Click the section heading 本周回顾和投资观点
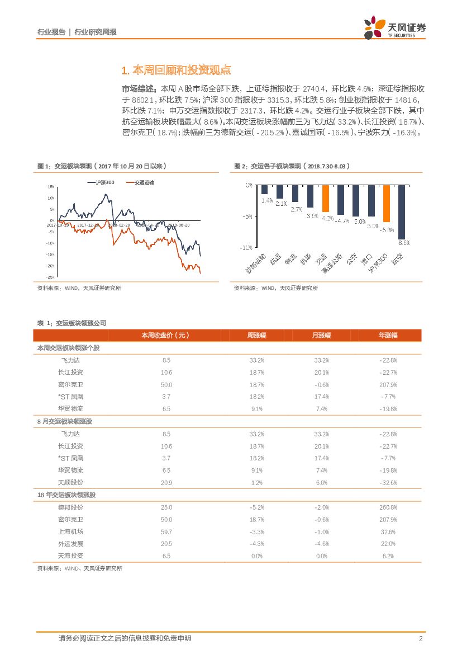coord(176,70)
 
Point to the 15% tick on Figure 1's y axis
coord(51,187)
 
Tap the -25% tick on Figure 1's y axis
coord(50,277)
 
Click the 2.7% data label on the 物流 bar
coord(296,209)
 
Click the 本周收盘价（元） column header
coord(165,335)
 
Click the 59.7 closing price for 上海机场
coord(166,531)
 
